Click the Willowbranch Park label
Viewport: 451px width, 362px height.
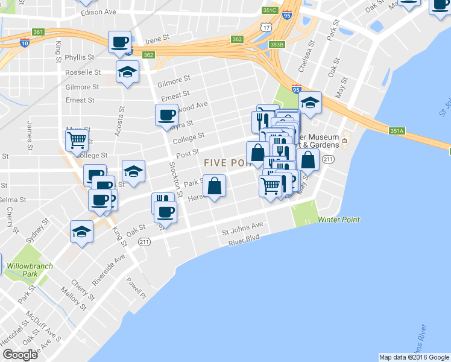[30, 270]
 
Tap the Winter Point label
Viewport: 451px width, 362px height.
[338, 220]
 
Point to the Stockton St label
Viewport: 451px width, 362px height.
[172, 177]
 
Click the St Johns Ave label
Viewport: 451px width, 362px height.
[242, 229]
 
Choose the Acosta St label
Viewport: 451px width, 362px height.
[121, 121]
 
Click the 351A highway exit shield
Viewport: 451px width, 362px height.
[396, 130]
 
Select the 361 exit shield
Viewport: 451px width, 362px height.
[39, 32]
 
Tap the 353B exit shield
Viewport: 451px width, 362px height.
[277, 45]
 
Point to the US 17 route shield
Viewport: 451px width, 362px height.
[266, 28]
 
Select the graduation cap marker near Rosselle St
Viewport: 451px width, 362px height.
[127, 72]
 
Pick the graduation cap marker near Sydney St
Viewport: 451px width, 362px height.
[82, 232]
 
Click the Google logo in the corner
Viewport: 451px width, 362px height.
[20, 355]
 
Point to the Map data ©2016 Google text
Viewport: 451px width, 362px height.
[413, 357]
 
